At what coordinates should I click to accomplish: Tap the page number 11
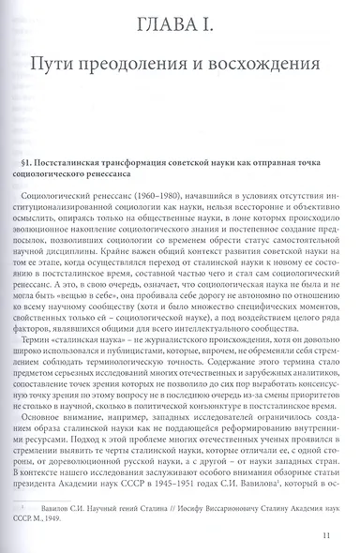[323, 535]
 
